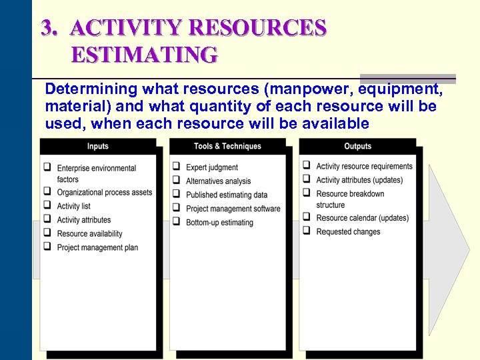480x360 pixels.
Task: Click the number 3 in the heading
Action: [x=47, y=27]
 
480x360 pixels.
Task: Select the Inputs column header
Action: [x=97, y=146]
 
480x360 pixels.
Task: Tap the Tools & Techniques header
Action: [x=227, y=146]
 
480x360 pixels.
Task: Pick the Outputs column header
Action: [x=357, y=146]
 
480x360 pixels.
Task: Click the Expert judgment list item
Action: [x=212, y=167]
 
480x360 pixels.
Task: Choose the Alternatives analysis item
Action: [x=219, y=181]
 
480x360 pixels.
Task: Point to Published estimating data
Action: [x=227, y=195]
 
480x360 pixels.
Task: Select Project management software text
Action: [x=233, y=209]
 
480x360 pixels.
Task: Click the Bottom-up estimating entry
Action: [x=219, y=223]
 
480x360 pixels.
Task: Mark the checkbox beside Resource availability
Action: [x=47, y=233]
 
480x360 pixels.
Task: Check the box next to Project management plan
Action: [x=47, y=247]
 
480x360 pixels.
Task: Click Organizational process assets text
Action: [x=105, y=192]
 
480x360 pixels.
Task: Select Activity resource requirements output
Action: [x=364, y=166]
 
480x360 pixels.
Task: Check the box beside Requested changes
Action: [x=307, y=231]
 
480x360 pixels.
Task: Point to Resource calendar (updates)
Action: [x=362, y=218]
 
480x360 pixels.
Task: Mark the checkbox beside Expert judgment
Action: [x=177, y=167]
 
